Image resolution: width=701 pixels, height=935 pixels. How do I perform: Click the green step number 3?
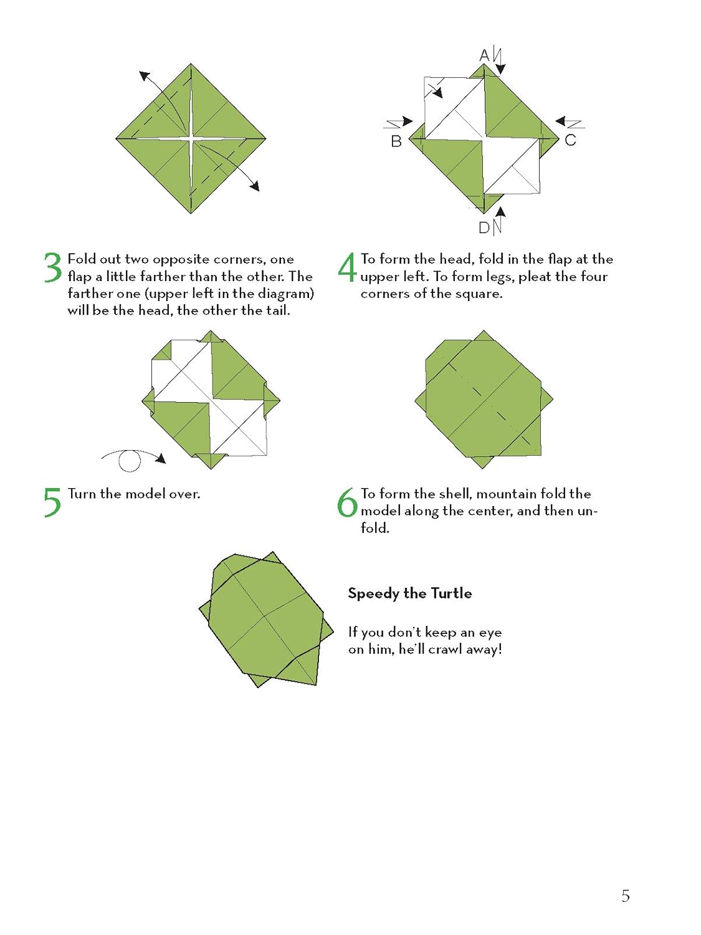click(53, 267)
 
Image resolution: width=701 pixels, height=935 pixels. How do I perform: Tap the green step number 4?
click(347, 267)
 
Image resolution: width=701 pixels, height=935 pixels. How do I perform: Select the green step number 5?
click(53, 502)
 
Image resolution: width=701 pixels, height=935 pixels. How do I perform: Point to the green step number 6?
click(347, 502)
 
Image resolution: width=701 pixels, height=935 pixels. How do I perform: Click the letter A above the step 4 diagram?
click(484, 55)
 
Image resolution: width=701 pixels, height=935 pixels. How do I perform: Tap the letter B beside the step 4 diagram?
click(396, 141)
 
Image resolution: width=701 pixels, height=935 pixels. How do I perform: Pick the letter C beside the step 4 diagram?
click(570, 140)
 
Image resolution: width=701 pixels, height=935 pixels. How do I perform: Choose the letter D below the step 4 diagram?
click(484, 228)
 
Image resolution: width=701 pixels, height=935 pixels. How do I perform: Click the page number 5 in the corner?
click(625, 896)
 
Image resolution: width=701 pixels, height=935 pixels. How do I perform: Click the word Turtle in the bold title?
click(452, 593)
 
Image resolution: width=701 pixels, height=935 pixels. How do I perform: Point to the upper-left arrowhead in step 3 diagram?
click(145, 77)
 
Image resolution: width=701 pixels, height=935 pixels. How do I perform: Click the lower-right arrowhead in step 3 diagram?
click(254, 185)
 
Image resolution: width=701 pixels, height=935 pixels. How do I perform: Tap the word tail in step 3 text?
click(278, 310)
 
